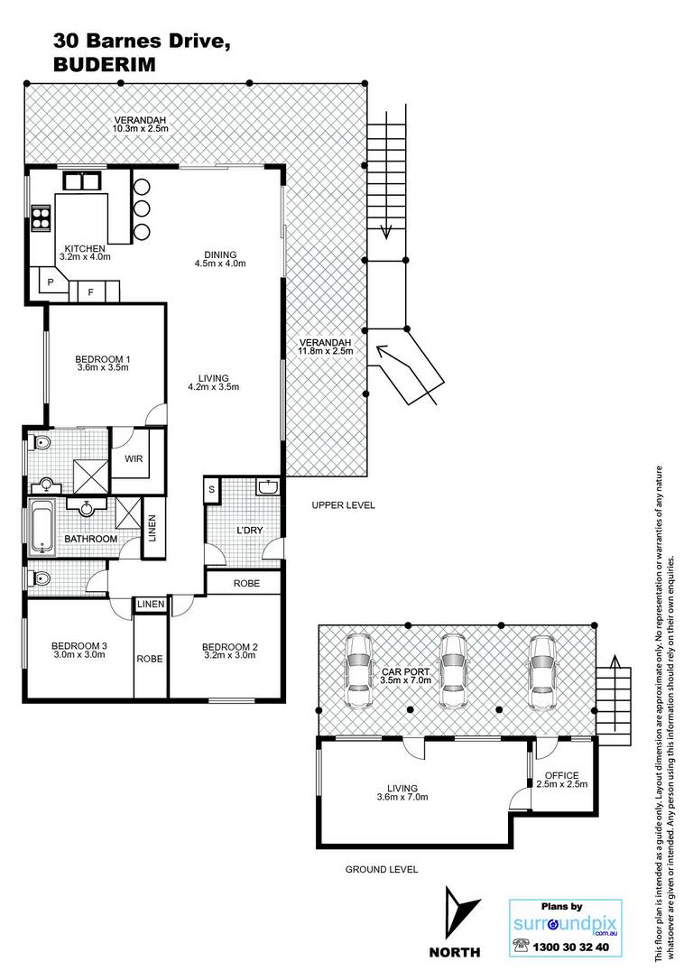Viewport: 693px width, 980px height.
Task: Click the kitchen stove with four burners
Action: (x=42, y=218)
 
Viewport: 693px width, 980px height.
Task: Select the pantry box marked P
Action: (x=51, y=282)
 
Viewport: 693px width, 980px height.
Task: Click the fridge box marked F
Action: (x=90, y=291)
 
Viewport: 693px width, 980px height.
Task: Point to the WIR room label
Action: (x=134, y=458)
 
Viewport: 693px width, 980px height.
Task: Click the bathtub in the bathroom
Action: (x=42, y=528)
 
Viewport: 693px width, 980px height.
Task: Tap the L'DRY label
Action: (x=249, y=530)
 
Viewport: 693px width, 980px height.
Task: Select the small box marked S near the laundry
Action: (x=212, y=489)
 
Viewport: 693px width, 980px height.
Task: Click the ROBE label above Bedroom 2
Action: (x=247, y=583)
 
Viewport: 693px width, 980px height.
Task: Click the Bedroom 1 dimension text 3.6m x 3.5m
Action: (x=103, y=367)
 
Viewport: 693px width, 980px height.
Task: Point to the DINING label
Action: (x=220, y=254)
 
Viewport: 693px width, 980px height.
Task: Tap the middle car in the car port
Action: (x=452, y=672)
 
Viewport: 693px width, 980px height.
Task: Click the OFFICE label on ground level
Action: (x=562, y=776)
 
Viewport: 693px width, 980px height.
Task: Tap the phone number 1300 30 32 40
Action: (x=570, y=947)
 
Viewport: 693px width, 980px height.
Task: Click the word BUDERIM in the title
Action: (x=105, y=64)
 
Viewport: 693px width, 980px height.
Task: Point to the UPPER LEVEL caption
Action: (x=344, y=505)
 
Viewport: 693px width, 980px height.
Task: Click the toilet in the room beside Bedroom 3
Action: (x=39, y=579)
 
